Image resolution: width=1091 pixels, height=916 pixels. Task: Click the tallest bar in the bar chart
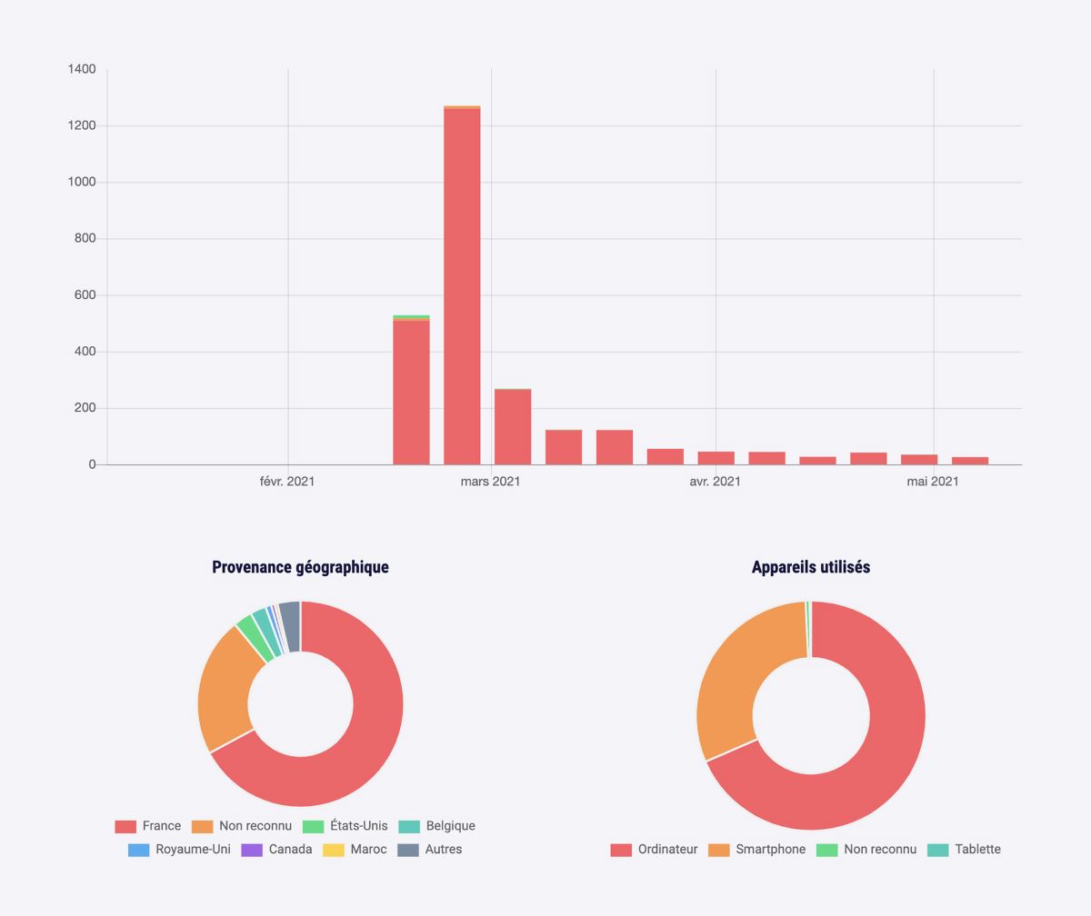(x=462, y=286)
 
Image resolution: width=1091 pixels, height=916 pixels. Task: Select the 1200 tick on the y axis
(x=82, y=125)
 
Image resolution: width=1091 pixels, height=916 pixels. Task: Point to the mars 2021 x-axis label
(x=490, y=481)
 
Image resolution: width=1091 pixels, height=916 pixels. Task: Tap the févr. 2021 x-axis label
(x=287, y=481)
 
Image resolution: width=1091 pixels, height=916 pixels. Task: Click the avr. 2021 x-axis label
(x=715, y=481)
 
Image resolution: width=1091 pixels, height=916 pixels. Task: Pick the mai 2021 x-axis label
(x=932, y=481)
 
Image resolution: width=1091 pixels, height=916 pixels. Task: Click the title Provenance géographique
(x=300, y=567)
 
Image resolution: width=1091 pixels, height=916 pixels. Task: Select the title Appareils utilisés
(x=811, y=567)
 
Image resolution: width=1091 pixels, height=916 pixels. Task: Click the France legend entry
(x=148, y=826)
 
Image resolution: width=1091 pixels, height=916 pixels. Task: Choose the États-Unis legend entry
(x=346, y=826)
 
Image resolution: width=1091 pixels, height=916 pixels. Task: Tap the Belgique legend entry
(x=438, y=826)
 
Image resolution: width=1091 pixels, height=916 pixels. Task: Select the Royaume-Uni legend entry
(x=180, y=850)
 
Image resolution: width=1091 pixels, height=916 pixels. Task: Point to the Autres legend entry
(x=431, y=850)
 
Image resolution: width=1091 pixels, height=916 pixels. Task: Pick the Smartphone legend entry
(x=757, y=850)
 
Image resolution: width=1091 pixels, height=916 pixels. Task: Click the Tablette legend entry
(x=965, y=850)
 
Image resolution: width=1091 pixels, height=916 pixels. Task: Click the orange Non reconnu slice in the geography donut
(x=225, y=691)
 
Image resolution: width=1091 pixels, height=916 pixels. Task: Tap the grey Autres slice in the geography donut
(x=290, y=615)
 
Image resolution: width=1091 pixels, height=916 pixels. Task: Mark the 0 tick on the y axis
(x=92, y=464)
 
